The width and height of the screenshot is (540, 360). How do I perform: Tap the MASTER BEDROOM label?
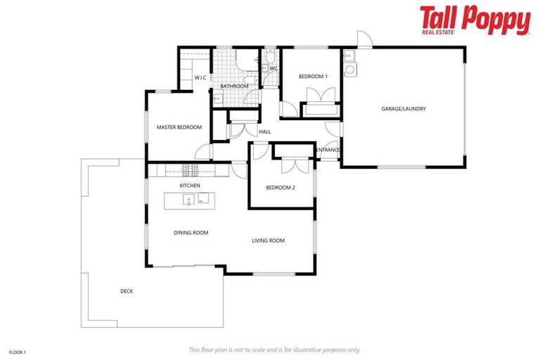pyautogui.click(x=179, y=127)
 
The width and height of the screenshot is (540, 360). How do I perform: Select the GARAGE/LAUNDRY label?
pyautogui.click(x=404, y=109)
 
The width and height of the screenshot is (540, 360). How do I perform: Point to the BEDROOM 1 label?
pyautogui.click(x=313, y=76)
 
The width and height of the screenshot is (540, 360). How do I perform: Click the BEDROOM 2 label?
pyautogui.click(x=281, y=188)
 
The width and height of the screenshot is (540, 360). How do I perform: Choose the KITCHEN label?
pyautogui.click(x=190, y=185)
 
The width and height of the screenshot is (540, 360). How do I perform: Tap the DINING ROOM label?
pyautogui.click(x=191, y=232)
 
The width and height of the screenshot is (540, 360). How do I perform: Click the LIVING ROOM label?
pyautogui.click(x=268, y=240)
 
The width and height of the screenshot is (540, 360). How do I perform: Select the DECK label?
pyautogui.click(x=127, y=291)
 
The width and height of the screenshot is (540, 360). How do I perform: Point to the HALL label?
pyautogui.click(x=265, y=131)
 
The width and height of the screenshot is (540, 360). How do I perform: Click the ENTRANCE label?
pyautogui.click(x=328, y=150)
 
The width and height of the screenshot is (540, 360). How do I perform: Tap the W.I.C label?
pyautogui.click(x=200, y=78)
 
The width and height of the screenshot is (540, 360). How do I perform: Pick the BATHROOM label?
pyautogui.click(x=234, y=86)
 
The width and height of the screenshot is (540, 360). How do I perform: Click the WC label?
pyautogui.click(x=274, y=68)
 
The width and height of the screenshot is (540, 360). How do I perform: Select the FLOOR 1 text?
pyautogui.click(x=17, y=352)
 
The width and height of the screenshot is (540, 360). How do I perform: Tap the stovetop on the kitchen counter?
pyautogui.click(x=190, y=169)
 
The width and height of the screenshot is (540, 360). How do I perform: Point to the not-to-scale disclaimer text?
pyautogui.click(x=274, y=349)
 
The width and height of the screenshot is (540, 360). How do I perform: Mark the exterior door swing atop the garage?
pyautogui.click(x=363, y=39)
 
